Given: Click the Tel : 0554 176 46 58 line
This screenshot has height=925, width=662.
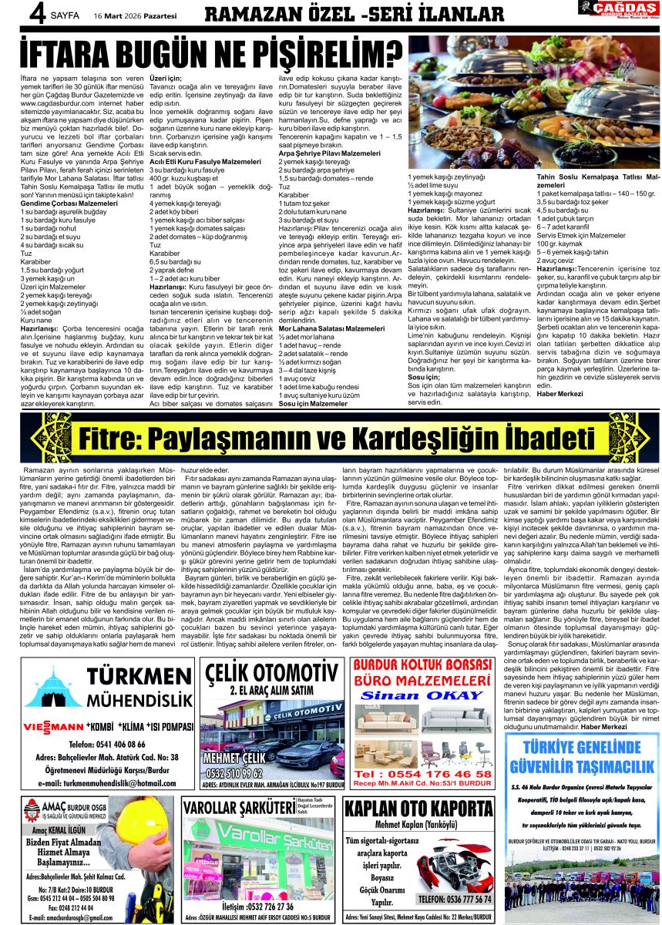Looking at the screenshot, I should pos(422,773).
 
